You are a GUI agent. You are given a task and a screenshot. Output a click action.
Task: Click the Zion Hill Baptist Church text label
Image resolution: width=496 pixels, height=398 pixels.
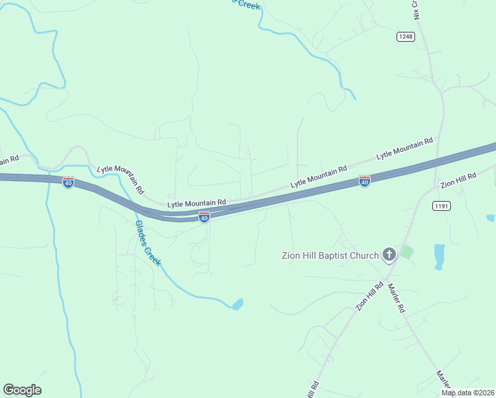coord(330,255)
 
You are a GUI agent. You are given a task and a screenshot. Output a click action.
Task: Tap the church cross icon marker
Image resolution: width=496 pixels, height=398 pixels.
coord(389,255)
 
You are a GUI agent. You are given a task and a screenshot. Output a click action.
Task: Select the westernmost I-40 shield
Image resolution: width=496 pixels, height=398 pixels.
coord(68,182)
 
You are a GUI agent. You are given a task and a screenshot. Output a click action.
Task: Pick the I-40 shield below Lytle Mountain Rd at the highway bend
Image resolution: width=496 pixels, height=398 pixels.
coord(204,218)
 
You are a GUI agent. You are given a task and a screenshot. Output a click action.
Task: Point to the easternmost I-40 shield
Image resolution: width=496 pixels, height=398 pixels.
coord(364,181)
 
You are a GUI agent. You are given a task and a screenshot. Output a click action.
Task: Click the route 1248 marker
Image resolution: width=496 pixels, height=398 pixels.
coord(406,36)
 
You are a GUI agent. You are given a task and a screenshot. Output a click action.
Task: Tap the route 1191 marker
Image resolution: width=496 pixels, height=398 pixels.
coord(442,206)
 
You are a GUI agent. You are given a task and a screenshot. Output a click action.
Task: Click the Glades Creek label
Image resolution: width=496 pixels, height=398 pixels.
coord(148,242)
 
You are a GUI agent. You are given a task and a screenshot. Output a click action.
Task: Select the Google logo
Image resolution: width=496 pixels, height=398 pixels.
coord(22,390)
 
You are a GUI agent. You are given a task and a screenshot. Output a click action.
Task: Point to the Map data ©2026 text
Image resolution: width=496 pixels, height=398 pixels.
coord(467,393)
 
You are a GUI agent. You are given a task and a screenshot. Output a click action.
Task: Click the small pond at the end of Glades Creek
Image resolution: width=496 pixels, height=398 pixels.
coord(237,304)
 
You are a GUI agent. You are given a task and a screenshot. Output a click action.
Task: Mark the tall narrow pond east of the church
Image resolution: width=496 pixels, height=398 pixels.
coord(439,256)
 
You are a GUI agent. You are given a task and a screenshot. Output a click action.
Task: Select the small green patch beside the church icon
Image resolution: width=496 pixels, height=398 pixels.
coord(406,252)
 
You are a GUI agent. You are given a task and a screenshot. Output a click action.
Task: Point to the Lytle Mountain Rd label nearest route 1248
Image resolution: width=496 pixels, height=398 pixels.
coord(404,148)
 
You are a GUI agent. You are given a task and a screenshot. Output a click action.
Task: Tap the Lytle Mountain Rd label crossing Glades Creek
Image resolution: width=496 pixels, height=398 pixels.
coord(121,178)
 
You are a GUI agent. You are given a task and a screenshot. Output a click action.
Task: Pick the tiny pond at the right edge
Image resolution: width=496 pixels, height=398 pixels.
coord(491,218)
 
